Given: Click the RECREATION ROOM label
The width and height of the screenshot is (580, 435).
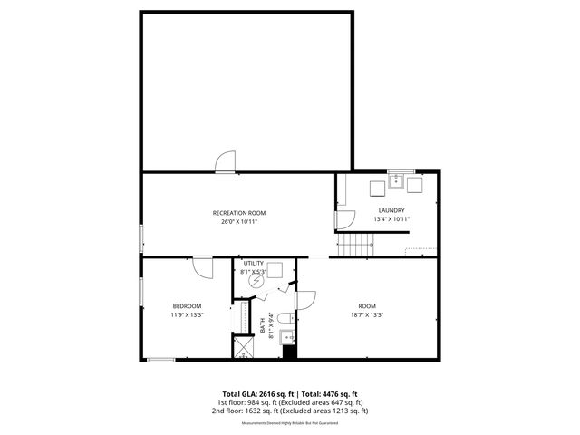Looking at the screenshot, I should pyautogui.click(x=239, y=213).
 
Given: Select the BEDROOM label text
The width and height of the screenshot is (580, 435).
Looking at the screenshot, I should pyautogui.click(x=187, y=306).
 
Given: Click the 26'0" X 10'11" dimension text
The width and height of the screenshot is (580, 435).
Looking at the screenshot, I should pyautogui.click(x=239, y=222).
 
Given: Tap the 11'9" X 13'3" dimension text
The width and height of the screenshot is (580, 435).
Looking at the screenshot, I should pyautogui.click(x=187, y=314).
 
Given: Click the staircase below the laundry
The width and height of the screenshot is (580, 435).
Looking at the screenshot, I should pyautogui.click(x=357, y=244).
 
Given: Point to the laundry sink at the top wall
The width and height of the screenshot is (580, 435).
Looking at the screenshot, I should pyautogui.click(x=395, y=179).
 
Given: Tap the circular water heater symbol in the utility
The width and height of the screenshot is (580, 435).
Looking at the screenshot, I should pyautogui.click(x=256, y=282).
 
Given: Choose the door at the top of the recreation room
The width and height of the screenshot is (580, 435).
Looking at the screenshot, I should pyautogui.click(x=224, y=161).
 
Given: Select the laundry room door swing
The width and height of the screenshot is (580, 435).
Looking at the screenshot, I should pyautogui.click(x=345, y=220).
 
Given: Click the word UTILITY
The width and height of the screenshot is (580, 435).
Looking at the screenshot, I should pyautogui.click(x=253, y=263).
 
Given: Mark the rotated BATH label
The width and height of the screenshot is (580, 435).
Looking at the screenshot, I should pyautogui.click(x=263, y=324).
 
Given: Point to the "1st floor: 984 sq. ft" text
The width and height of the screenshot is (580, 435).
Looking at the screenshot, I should pyautogui.click(x=250, y=402).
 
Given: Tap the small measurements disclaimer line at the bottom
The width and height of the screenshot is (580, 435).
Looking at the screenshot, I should pyautogui.click(x=289, y=423).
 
